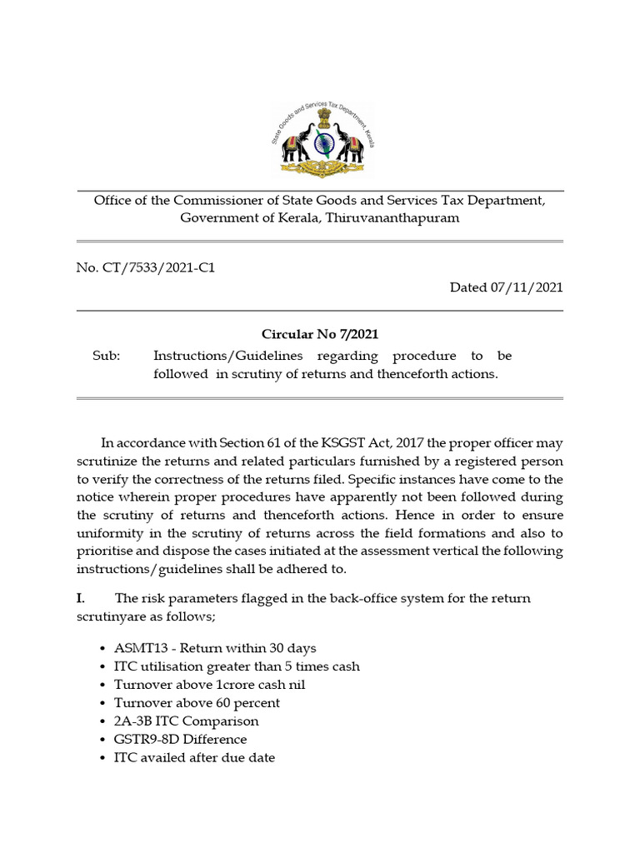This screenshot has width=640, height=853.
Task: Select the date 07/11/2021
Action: (527, 287)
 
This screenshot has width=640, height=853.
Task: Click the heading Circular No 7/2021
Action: (320, 335)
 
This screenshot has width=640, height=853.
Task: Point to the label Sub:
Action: (106, 356)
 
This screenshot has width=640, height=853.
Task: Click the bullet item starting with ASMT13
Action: (214, 648)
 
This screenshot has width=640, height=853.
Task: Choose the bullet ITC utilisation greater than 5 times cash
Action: (237, 666)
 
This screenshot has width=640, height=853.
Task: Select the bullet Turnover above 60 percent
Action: (197, 703)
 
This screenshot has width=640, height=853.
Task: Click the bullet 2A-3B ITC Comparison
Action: (186, 721)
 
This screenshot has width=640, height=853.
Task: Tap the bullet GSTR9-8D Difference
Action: (180, 740)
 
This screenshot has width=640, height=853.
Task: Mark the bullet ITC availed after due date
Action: (194, 758)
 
